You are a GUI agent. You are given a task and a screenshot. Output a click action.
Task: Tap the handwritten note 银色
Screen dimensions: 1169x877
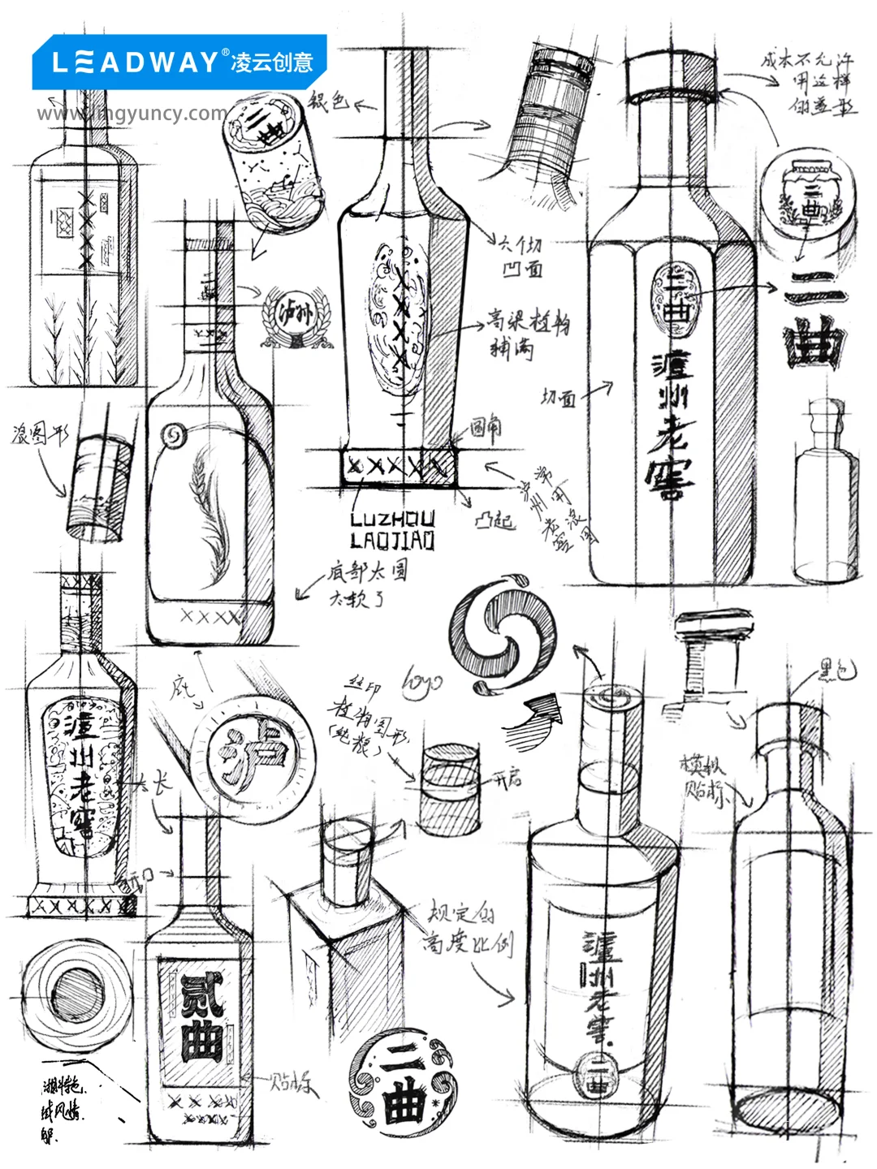coord(328,101)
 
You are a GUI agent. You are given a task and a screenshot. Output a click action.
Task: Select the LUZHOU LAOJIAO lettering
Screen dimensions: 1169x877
coord(393,530)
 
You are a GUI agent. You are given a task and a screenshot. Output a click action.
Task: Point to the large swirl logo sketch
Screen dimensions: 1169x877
coord(503,633)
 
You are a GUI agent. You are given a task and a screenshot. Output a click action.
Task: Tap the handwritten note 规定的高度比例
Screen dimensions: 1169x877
coord(468,930)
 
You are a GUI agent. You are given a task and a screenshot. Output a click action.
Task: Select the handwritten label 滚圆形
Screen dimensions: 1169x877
coord(39,435)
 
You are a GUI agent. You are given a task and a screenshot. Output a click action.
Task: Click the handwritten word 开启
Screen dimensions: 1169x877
coord(508,780)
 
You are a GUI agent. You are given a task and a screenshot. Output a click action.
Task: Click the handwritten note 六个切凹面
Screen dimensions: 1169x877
coord(520,256)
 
